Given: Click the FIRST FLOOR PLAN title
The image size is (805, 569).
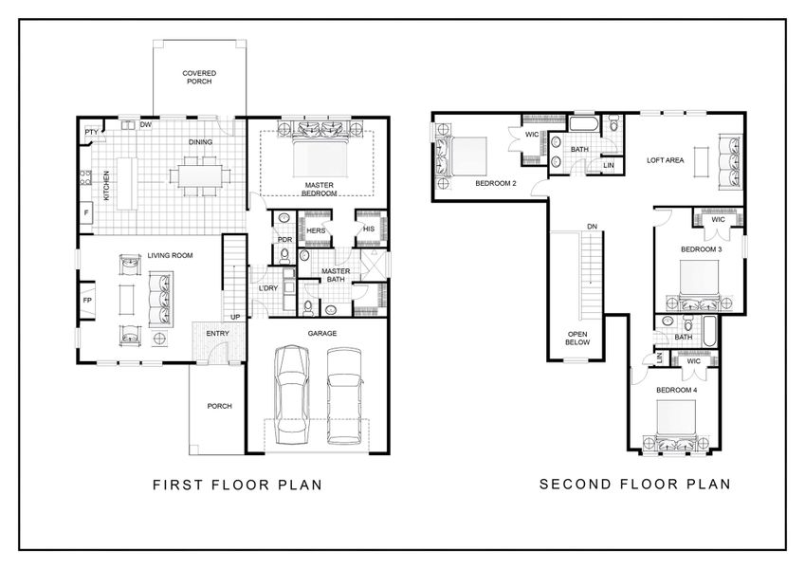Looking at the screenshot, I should point(237,485).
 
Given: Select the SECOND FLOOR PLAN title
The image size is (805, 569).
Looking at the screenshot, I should point(634,484).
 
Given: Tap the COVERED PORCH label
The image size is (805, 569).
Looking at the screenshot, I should point(199,78).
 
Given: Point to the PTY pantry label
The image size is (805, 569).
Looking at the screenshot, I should point(92,132).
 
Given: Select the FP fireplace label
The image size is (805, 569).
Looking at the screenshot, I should point(87,301).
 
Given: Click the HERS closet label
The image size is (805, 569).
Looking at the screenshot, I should point(316,230).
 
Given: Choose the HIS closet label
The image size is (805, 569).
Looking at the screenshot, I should point(369,229).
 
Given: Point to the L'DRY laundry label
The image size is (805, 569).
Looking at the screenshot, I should point(268,288).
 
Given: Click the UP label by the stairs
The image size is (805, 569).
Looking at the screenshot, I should point(233,317).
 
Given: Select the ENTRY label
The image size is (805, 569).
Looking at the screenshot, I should point(217,334).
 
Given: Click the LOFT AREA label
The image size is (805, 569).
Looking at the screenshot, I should point(666,160).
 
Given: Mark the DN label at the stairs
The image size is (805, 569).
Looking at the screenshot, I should point(592,227).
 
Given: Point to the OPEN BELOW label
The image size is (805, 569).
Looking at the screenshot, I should point(577,339).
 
